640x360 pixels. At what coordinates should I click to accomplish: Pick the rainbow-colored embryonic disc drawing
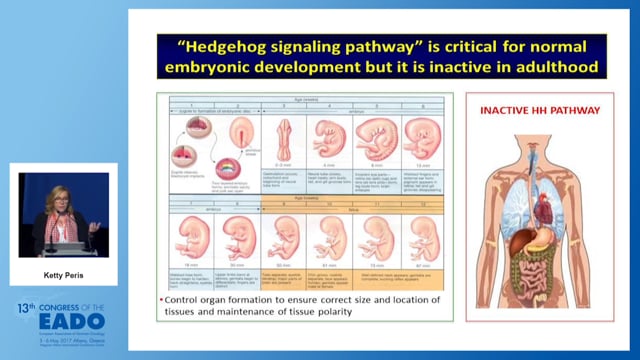240,169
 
